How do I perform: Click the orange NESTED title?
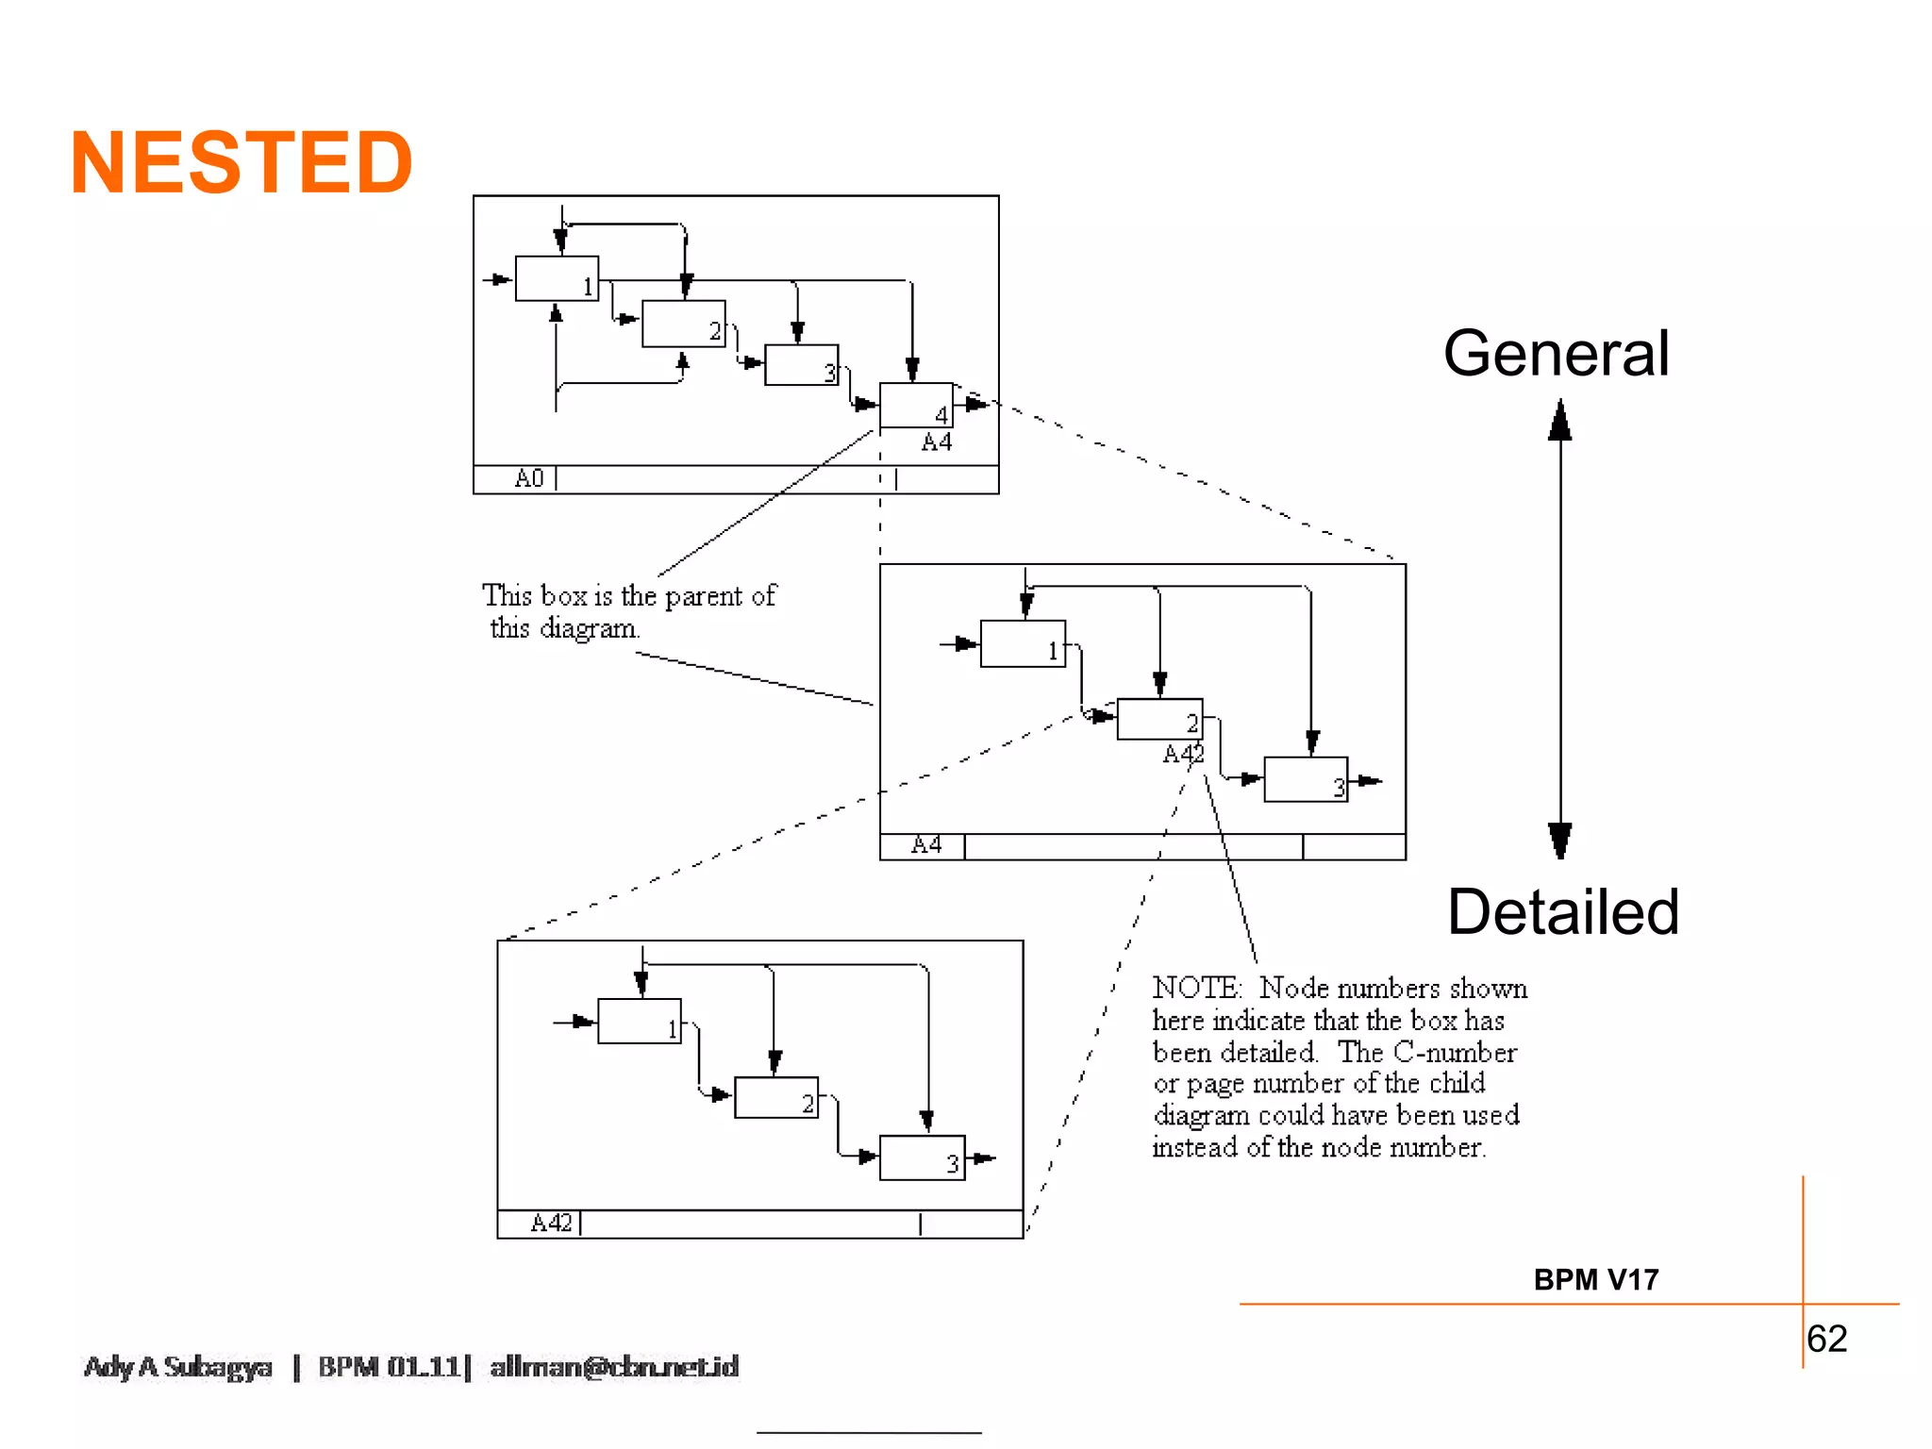click(241, 163)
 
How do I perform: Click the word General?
click(1556, 354)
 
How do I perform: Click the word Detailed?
click(1563, 912)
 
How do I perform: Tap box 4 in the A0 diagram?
click(916, 405)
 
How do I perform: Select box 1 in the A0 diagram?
click(557, 278)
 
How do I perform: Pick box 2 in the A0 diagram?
click(683, 324)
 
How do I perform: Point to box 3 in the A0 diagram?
click(801, 365)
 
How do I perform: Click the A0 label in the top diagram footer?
click(529, 478)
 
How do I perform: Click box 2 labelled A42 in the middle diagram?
click(1159, 719)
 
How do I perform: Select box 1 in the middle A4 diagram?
click(1023, 643)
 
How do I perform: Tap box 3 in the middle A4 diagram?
click(1306, 779)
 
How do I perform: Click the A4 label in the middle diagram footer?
click(926, 845)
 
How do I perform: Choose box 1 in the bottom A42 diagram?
click(639, 1021)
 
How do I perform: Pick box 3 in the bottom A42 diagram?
click(922, 1158)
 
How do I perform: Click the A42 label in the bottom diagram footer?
click(552, 1224)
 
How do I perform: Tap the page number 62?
click(1826, 1339)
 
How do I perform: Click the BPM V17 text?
click(1595, 1280)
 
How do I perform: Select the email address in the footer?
click(614, 1367)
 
